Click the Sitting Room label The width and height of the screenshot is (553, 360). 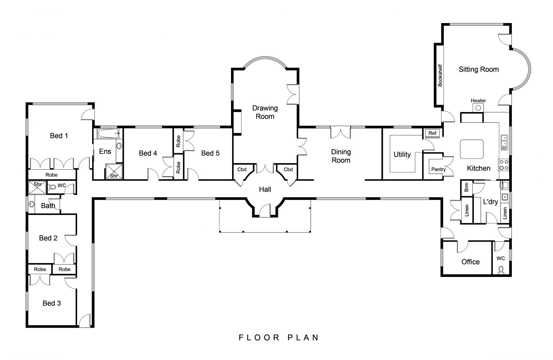coord(479,69)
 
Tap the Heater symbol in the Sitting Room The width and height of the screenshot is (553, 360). coord(478,108)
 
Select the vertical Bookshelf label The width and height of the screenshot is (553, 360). coord(440,75)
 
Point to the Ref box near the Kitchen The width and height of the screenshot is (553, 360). coord(432,133)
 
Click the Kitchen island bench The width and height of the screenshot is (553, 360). coord(471,149)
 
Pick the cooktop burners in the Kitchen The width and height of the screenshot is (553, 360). coord(504,164)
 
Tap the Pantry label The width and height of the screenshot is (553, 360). coord(438,169)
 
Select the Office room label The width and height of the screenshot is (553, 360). coord(471,262)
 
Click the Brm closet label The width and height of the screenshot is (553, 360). coord(467,188)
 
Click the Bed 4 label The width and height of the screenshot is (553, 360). coord(148,153)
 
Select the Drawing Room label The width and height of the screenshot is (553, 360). coord(265,112)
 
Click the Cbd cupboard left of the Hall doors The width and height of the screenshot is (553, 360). coord(242,170)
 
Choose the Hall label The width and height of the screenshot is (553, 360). coord(265,190)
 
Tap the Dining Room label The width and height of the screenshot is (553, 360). coord(341,156)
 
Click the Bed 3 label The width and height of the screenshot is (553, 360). coord(52,303)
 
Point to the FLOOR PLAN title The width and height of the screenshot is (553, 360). coord(279,338)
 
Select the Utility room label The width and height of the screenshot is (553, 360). coord(402,155)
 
